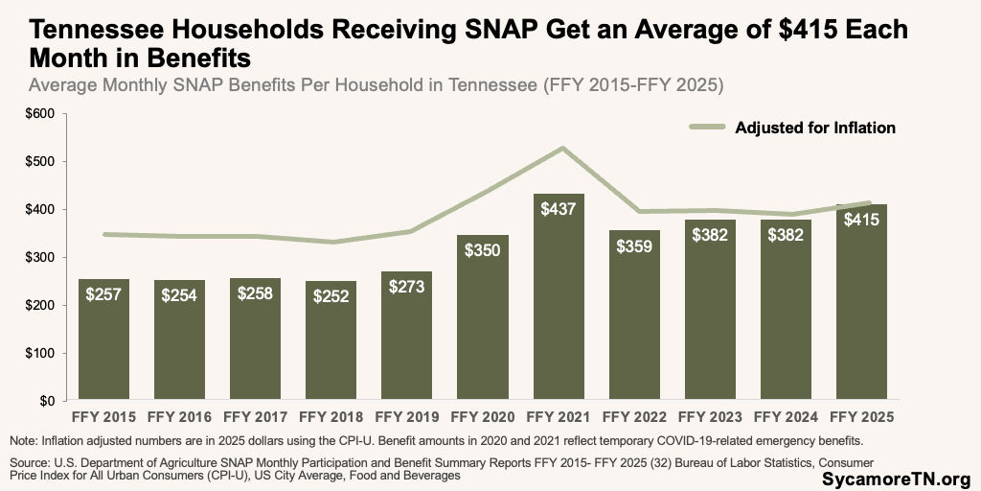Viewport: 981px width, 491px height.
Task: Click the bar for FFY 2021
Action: click(x=559, y=307)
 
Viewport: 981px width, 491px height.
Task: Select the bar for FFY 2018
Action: click(x=331, y=345)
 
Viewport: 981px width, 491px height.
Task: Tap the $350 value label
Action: click(x=484, y=250)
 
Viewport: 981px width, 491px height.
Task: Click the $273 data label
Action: click(x=407, y=287)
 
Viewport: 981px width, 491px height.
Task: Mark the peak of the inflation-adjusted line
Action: click(x=559, y=148)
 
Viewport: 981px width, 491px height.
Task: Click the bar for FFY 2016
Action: click(x=179, y=340)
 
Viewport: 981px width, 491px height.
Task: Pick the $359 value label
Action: click(x=635, y=245)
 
